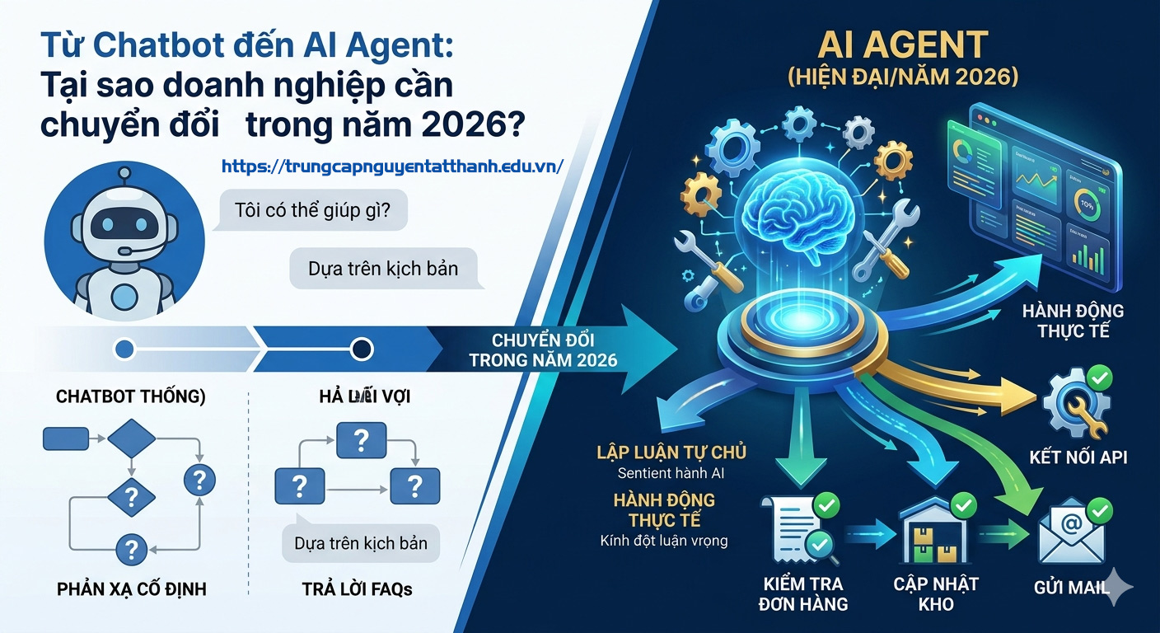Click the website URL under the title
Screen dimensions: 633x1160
click(392, 166)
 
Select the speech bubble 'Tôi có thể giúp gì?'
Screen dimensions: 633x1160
click(312, 210)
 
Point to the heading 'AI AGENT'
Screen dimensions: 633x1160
click(903, 45)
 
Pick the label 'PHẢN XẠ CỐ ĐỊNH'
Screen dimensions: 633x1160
click(132, 589)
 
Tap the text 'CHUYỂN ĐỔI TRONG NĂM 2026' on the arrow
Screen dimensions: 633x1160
click(543, 350)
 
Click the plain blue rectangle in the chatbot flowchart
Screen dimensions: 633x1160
click(67, 438)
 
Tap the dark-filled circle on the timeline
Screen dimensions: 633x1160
click(362, 349)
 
